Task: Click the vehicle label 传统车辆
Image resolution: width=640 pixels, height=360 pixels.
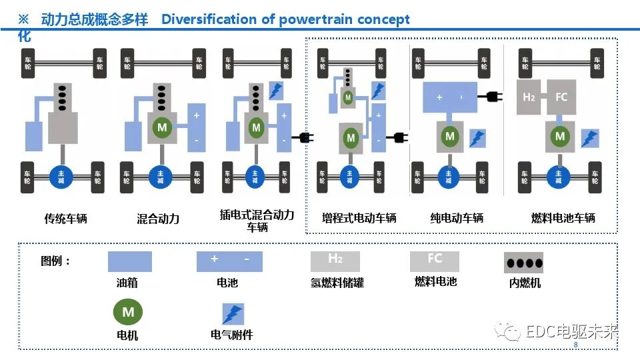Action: point(65,219)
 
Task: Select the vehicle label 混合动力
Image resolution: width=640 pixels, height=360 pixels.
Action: point(158,219)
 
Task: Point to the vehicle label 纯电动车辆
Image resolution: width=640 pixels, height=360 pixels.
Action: point(457,218)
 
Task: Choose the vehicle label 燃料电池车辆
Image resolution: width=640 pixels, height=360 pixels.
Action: point(563,218)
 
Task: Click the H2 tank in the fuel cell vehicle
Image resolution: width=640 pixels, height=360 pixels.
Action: point(529,97)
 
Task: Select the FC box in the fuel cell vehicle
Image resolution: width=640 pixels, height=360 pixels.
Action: point(561,97)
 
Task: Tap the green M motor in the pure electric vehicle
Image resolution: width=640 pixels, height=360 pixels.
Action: point(450,136)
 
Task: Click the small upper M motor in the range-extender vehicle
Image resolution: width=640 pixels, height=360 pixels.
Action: point(347,98)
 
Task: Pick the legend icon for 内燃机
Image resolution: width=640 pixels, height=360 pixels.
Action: point(523,263)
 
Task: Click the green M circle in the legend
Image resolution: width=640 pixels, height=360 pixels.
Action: point(128,312)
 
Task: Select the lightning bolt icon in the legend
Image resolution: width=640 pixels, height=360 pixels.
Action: point(233,314)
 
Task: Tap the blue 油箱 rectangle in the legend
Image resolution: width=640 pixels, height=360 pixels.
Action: point(130,261)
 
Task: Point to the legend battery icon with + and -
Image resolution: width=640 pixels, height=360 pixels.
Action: point(229,261)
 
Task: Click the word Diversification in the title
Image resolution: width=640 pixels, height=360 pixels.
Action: point(209,19)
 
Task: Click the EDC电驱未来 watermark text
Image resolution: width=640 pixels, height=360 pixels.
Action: point(571,331)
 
